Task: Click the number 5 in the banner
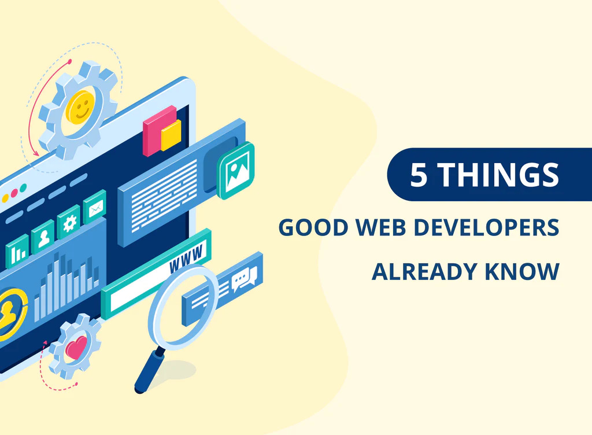[x=419, y=175]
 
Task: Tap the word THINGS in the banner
[x=498, y=175]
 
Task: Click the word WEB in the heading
[x=381, y=227]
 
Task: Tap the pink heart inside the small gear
[x=76, y=348]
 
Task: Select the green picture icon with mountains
[x=236, y=171]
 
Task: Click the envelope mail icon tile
[x=94, y=207]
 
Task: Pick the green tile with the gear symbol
[x=69, y=222]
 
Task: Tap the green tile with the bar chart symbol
[x=17, y=251]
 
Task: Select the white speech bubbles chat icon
[x=244, y=279]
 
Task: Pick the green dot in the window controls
[x=23, y=187]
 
